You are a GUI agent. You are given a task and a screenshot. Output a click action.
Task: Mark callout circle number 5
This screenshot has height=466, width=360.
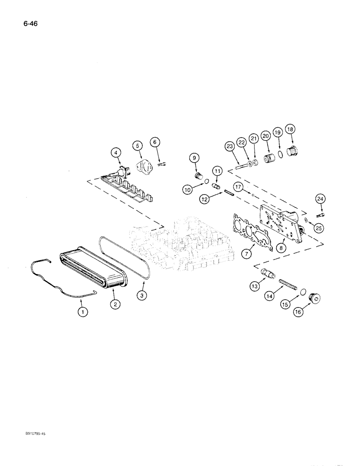[x=138, y=145]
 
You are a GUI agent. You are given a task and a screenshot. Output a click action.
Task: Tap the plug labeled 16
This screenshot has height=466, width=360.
[x=318, y=297]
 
